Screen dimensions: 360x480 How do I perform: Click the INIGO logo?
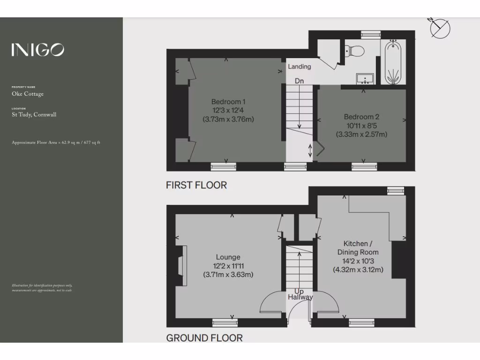(x=37, y=50)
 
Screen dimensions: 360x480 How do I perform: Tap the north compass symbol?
(x=440, y=29)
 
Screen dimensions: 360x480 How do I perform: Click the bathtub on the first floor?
(x=392, y=62)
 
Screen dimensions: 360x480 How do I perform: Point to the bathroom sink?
(x=364, y=78)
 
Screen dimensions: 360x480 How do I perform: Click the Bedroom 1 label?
(x=228, y=102)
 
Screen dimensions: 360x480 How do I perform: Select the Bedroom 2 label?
(x=361, y=117)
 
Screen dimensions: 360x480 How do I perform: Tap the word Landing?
(x=299, y=67)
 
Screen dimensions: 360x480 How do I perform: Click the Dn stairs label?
(x=299, y=81)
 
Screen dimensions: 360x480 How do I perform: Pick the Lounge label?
(x=228, y=257)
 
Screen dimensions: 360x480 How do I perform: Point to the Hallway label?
(x=300, y=297)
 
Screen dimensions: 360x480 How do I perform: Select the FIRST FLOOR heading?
(x=196, y=185)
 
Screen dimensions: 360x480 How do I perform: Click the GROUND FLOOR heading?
(x=204, y=338)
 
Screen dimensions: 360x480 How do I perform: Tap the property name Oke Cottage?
(x=28, y=94)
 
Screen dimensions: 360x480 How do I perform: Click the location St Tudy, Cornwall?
(x=34, y=114)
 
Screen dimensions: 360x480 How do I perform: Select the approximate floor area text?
(x=56, y=142)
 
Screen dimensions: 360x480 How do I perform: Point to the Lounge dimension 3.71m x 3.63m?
(x=228, y=275)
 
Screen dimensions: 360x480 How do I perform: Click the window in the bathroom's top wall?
(x=371, y=34)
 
